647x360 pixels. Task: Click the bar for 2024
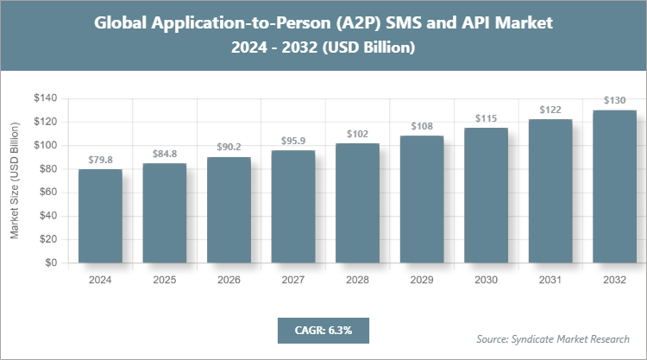100,216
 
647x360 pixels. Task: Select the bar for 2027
292,206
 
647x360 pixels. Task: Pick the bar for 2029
421,199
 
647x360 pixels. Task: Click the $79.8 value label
100,160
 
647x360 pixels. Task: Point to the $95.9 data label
292,141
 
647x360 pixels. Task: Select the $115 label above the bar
486,118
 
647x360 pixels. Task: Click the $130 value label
614,100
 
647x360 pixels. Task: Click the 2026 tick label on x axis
229,280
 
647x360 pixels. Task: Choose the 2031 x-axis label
550,280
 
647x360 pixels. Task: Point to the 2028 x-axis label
357,280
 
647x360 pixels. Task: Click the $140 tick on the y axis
44,98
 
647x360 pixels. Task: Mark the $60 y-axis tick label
47,193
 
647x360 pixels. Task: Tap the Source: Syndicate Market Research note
553,338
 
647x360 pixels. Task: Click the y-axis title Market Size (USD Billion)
15,180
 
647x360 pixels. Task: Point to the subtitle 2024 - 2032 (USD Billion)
323,48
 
